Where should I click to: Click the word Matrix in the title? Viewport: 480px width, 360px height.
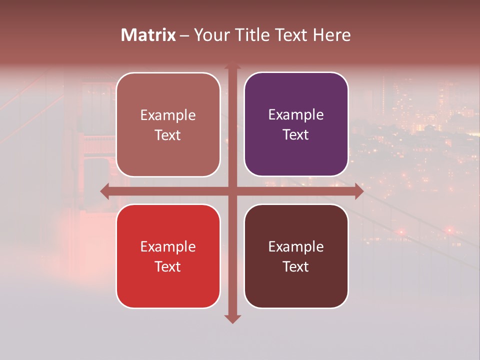[x=148, y=35]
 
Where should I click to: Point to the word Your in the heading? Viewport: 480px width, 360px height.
[x=211, y=35]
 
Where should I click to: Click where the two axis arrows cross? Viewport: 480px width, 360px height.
[x=232, y=191]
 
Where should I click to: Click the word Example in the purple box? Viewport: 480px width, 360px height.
[x=296, y=115]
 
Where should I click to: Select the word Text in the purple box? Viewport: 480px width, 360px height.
[x=296, y=135]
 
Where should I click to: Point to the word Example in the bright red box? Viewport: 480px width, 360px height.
[x=168, y=246]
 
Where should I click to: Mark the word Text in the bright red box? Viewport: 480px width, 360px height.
[x=168, y=266]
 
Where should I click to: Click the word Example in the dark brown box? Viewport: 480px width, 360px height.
[x=296, y=246]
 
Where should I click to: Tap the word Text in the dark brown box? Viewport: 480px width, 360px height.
[x=296, y=266]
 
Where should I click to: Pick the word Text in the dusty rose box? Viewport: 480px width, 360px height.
[x=168, y=135]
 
